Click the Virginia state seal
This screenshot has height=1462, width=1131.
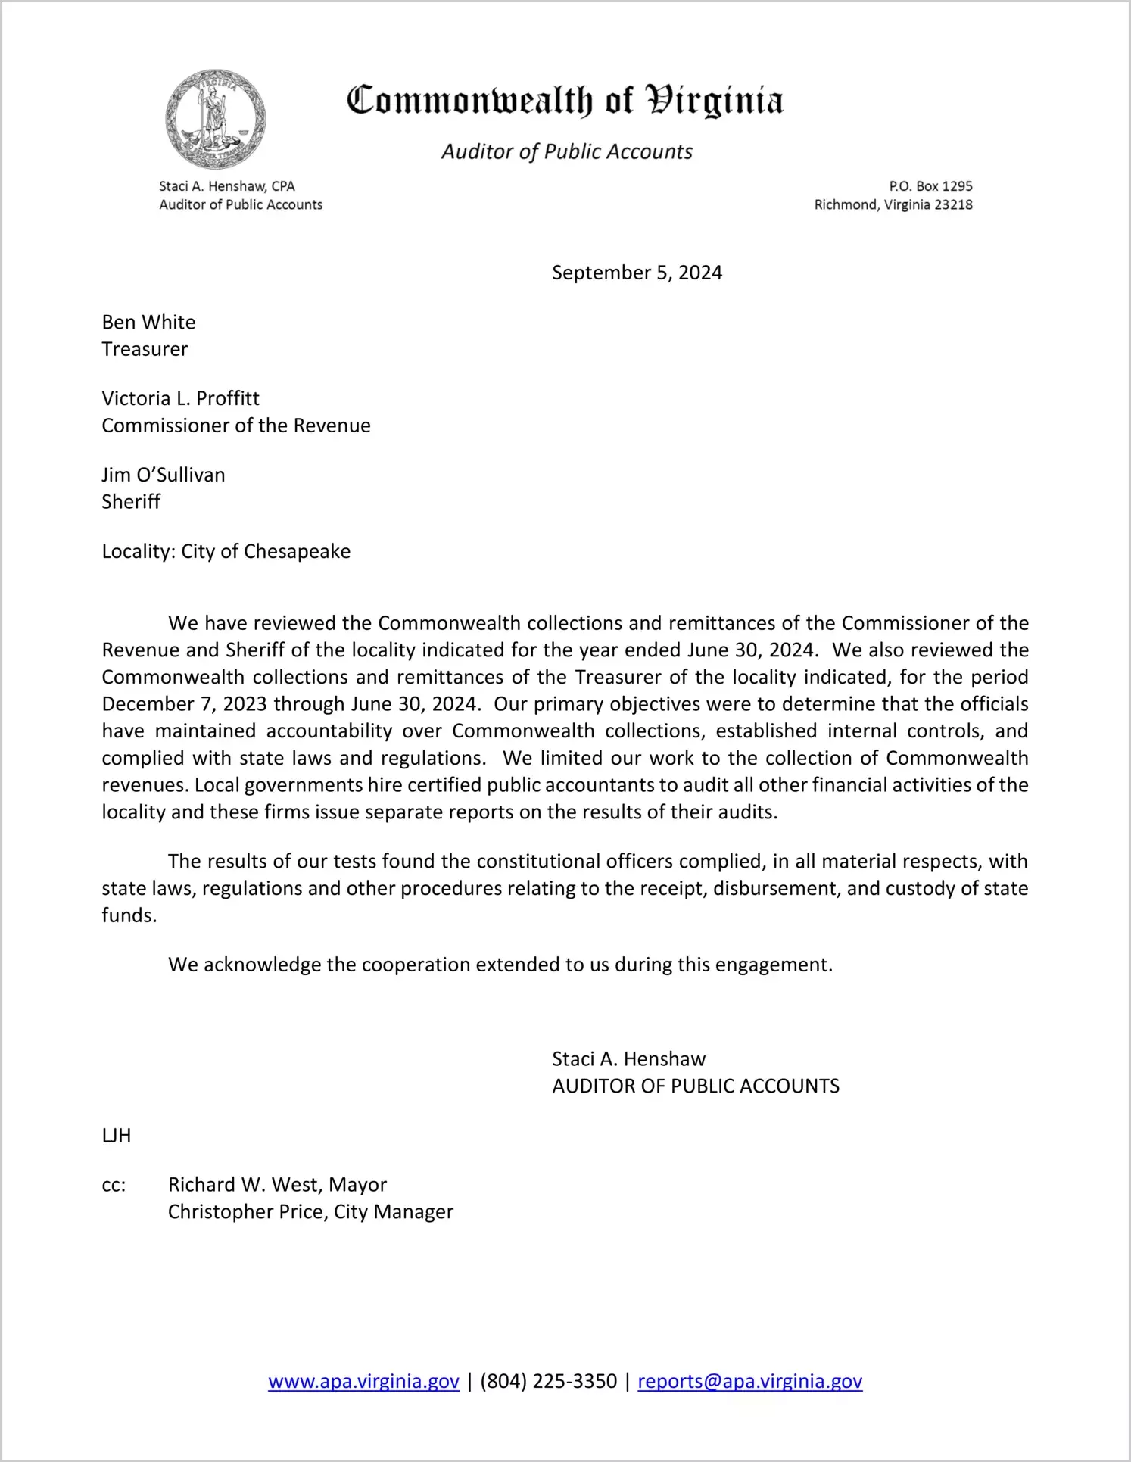[x=216, y=120]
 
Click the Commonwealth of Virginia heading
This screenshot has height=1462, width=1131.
[x=565, y=101]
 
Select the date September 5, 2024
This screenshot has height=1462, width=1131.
[x=637, y=273]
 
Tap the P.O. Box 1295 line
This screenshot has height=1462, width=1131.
[x=930, y=186]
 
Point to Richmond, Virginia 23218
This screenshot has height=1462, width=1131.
[x=893, y=204]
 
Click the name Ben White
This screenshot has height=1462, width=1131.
[x=149, y=323]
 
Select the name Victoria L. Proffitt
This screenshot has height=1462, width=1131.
[x=181, y=399]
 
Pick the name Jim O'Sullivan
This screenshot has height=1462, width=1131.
[x=164, y=475]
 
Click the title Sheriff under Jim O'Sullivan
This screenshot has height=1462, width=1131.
[x=131, y=502]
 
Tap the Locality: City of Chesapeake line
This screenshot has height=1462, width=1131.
[x=226, y=552]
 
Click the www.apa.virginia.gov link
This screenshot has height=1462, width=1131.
[x=363, y=1382]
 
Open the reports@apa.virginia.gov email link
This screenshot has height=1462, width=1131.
[x=749, y=1382]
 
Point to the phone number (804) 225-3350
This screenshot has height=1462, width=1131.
[x=548, y=1382]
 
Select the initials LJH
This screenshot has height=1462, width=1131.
[x=117, y=1136]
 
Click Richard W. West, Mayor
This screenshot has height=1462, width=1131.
[x=277, y=1185]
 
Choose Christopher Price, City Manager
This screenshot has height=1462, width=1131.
[x=310, y=1212]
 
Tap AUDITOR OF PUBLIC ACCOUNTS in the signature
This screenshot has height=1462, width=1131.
[x=696, y=1086]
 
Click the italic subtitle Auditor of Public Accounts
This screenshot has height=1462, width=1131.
[x=567, y=152]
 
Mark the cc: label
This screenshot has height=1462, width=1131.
[x=114, y=1186]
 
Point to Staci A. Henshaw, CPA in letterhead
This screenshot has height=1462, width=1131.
[x=227, y=186]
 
